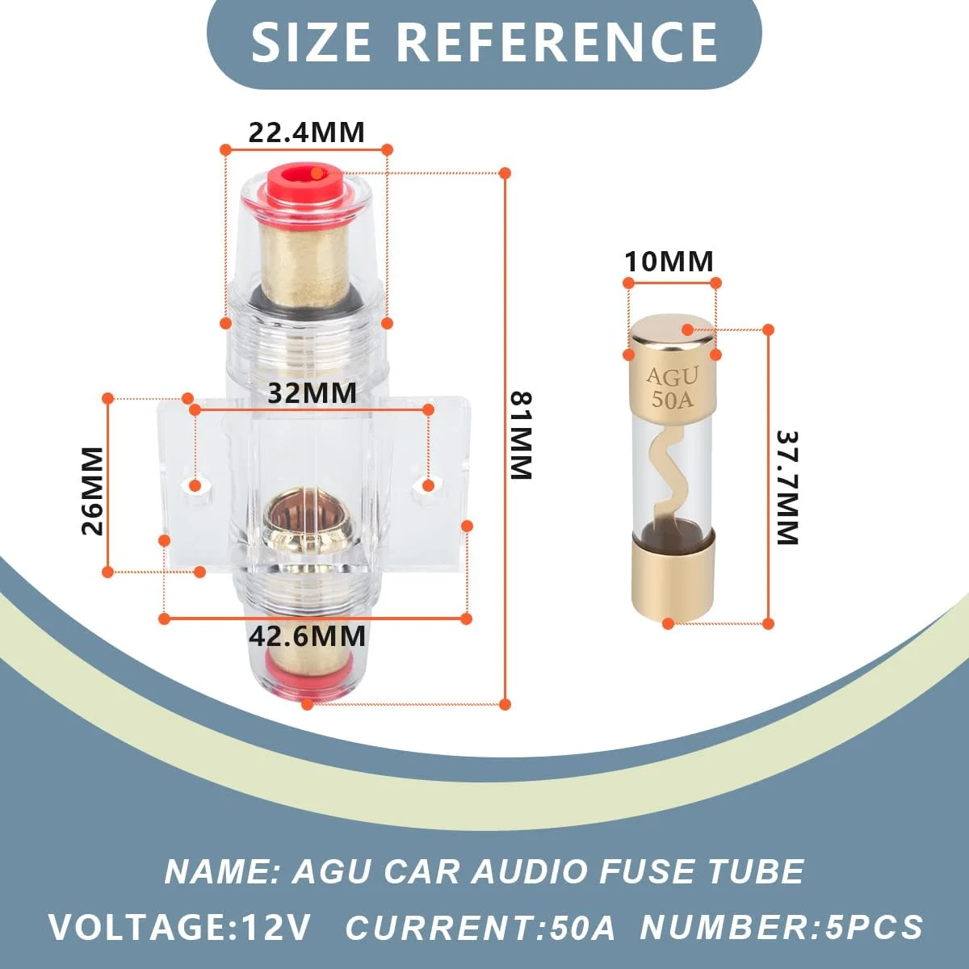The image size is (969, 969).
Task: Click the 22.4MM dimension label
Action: (306, 132)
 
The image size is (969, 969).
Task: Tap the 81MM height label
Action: (521, 435)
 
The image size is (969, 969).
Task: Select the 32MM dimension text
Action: (312, 393)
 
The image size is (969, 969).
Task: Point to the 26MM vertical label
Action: (93, 490)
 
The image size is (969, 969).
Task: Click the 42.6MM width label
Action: (307, 636)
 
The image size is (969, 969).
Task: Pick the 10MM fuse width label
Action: (669, 262)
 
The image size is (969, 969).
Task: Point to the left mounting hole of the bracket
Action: (195, 485)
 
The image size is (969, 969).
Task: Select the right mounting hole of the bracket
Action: (428, 484)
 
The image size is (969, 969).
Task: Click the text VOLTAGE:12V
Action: (179, 926)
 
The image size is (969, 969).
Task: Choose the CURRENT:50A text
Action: (480, 926)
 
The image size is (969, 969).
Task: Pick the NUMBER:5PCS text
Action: (781, 926)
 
